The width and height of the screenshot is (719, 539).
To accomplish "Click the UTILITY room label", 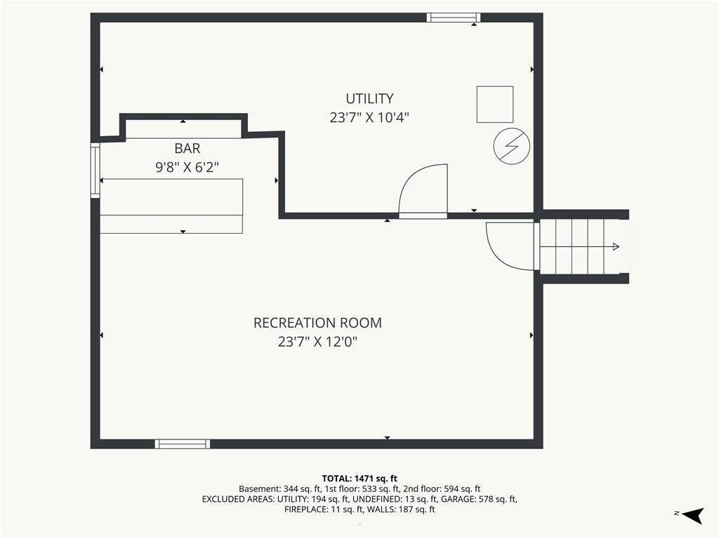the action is pyautogui.click(x=369, y=98).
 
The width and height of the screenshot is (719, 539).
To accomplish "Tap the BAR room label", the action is pyautogui.click(x=187, y=149).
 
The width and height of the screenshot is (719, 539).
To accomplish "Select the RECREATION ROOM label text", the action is pyautogui.click(x=317, y=323).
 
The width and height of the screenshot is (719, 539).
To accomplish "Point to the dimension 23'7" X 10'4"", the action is pyautogui.click(x=369, y=118).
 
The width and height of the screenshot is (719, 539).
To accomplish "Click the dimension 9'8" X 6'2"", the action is pyautogui.click(x=187, y=167).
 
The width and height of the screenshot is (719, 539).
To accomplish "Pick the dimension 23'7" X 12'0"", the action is pyautogui.click(x=317, y=342).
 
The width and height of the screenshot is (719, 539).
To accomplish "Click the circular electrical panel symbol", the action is pyautogui.click(x=512, y=146).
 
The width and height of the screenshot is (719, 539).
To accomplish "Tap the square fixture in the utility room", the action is pyautogui.click(x=495, y=104).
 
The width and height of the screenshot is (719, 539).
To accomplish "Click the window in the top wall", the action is pyautogui.click(x=454, y=18).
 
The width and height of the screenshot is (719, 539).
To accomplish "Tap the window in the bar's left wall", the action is pyautogui.click(x=95, y=171).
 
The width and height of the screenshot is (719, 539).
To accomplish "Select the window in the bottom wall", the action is pyautogui.click(x=183, y=444).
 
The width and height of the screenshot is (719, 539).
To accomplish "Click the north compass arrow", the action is pyautogui.click(x=693, y=515).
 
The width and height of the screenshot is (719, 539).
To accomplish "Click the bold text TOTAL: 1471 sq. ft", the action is pyautogui.click(x=359, y=479).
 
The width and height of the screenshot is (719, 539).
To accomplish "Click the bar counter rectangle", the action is pyautogui.click(x=171, y=206).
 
